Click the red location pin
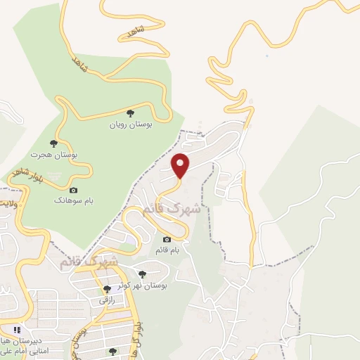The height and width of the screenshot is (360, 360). (181, 165)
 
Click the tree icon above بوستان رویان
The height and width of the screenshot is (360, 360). (129, 112)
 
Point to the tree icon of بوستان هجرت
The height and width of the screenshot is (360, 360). (54, 143)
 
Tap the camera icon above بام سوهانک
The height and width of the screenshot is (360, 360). (73, 190)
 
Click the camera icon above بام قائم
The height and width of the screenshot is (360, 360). (167, 240)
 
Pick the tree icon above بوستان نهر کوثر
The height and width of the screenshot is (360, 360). (143, 274)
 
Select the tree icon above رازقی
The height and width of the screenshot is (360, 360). (107, 289)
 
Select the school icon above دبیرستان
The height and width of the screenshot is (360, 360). (17, 329)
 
